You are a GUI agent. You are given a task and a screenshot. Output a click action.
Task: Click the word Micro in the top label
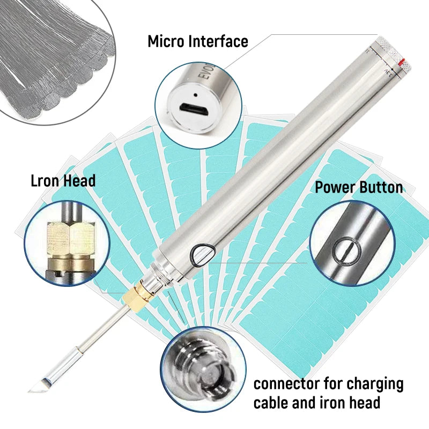coord(166,41)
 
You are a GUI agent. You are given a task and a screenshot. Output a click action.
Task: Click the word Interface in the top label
coord(219,41)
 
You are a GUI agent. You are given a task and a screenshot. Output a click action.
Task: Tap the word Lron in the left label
coord(45,181)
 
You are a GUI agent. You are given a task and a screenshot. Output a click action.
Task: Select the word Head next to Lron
coord(79,181)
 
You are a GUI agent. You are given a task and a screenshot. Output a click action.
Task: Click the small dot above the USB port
coord(195,95)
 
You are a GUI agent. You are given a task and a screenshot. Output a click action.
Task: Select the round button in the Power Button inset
coord(346,251)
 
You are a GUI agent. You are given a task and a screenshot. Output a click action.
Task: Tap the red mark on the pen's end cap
coord(402,62)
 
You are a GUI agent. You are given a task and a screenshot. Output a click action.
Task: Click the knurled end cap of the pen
coord(394,55)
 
